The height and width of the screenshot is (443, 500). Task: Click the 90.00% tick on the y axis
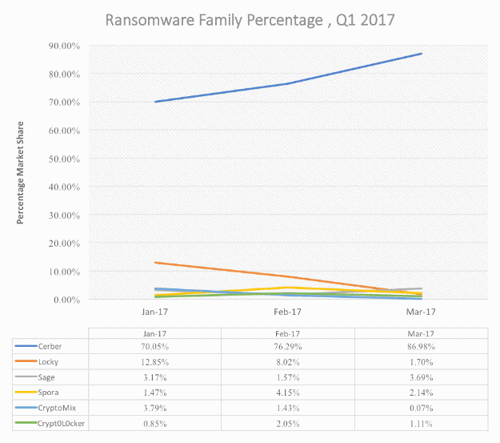point(63,46)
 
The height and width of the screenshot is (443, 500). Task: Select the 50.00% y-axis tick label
point(63,159)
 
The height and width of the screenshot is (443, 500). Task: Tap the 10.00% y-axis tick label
point(63,272)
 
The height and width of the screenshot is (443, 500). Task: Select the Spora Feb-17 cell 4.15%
point(288,393)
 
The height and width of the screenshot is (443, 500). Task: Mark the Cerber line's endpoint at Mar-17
point(422,54)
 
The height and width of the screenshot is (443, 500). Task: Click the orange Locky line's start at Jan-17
point(155,263)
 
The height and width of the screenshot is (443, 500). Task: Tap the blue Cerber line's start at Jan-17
point(155,102)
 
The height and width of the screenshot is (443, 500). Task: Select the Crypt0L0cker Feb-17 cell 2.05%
point(288,423)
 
